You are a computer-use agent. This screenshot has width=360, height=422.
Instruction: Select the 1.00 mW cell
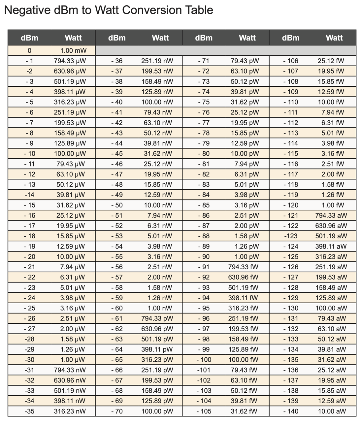click(x=73, y=50)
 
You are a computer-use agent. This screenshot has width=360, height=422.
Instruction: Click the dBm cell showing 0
click(x=30, y=50)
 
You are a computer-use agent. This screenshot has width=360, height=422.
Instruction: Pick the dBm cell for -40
click(x=117, y=102)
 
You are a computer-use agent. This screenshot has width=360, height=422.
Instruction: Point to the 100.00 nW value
click(x=157, y=102)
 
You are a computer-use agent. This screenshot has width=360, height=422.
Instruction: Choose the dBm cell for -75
click(x=204, y=102)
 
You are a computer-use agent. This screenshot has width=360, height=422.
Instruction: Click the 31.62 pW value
click(x=245, y=102)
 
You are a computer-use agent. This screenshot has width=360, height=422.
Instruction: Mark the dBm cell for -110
click(x=291, y=102)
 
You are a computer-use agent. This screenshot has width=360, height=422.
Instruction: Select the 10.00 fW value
click(x=331, y=102)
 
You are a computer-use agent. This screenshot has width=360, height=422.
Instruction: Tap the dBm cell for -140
click(x=291, y=411)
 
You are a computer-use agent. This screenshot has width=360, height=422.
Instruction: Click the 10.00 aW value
click(x=332, y=411)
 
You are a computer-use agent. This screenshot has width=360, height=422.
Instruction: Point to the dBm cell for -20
click(x=30, y=256)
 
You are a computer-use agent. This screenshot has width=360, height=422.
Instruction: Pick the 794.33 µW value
click(x=70, y=61)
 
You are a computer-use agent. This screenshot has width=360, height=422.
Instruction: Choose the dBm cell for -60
click(x=117, y=308)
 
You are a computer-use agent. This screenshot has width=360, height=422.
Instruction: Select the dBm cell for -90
click(x=204, y=256)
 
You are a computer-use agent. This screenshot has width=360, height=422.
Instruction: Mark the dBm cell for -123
click(x=291, y=236)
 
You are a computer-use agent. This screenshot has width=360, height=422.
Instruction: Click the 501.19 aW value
click(x=331, y=236)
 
